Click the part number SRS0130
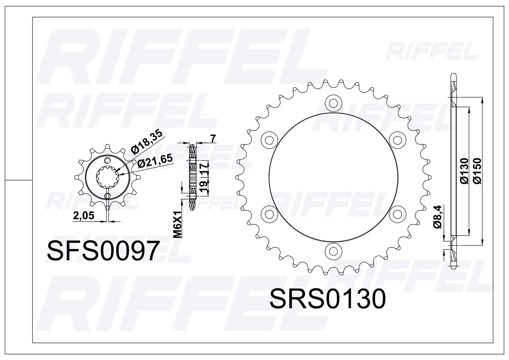pyautogui.click(x=327, y=299)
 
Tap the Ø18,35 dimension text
pyautogui.click(x=146, y=141)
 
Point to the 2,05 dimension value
pyautogui.click(x=84, y=215)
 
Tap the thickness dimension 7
pyautogui.click(x=213, y=139)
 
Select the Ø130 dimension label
pyautogui.click(x=464, y=171)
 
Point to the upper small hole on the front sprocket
pyautogui.click(x=107, y=160)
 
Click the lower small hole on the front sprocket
pyautogui.click(x=107, y=196)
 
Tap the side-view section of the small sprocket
pyautogui.click(x=193, y=177)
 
